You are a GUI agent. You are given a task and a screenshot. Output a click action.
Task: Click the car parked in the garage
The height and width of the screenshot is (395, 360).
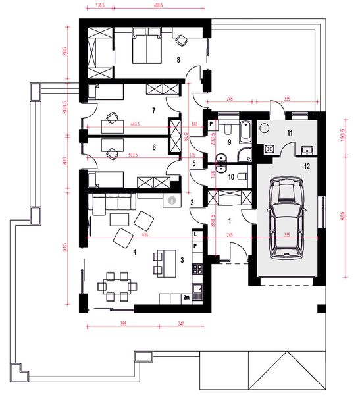click(286, 221)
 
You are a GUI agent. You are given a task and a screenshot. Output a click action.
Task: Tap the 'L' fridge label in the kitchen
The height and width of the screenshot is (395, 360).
click(195, 234)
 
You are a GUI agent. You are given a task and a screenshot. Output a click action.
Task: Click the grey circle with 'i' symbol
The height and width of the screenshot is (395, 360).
click(172, 198)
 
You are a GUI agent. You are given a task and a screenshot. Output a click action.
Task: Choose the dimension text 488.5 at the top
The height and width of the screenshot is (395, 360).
click(158, 5)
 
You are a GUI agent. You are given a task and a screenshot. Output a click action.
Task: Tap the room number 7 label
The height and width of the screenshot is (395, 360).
click(153, 111)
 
